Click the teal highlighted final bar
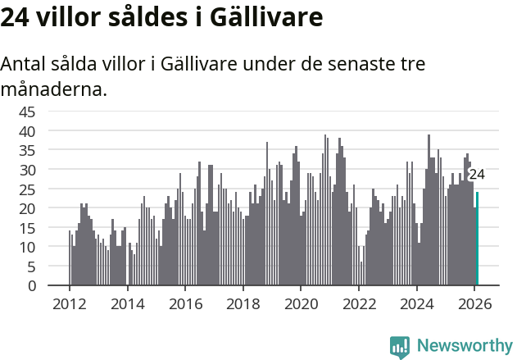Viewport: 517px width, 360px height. pos(477,239)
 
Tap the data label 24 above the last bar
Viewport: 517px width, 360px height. pos(477,175)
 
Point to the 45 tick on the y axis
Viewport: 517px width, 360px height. pos(27,112)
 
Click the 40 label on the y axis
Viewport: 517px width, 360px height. pos(27,131)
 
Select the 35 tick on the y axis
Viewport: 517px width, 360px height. pos(27,150)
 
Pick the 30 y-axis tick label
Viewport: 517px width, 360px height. pos(27,170)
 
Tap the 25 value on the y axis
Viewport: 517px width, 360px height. pos(27,189)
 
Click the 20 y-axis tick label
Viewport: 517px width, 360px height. pos(27,208)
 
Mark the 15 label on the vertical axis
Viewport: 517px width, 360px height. pos(27,228)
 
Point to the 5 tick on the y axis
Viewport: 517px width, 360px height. pos(32,267)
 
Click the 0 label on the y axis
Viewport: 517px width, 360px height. pos(32,286)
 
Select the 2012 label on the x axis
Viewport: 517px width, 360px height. pos(69,303)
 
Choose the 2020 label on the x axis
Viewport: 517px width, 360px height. pos(301,303)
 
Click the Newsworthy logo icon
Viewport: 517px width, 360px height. pos(400,346)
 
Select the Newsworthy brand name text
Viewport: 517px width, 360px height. pos(464,346)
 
